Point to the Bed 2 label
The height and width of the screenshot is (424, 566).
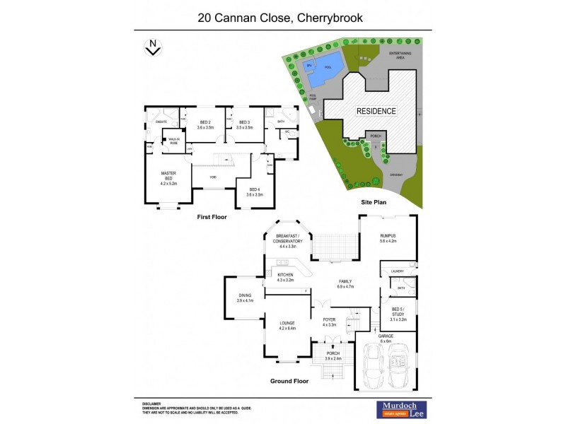click(205, 125)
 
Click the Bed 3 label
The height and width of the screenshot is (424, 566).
click(244, 125)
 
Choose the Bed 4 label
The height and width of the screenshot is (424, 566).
click(255, 192)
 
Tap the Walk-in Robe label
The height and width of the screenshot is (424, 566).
click(173, 141)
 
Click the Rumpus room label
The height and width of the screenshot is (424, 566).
click(387, 237)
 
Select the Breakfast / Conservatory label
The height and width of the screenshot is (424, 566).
click(289, 240)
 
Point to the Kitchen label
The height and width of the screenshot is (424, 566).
click(285, 278)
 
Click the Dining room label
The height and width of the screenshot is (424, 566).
click(245, 298)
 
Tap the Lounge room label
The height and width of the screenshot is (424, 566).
click(287, 326)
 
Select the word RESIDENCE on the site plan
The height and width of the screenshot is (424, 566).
click(376, 111)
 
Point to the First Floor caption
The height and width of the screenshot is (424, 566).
click(212, 217)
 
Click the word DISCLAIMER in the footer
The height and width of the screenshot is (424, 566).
click(154, 401)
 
